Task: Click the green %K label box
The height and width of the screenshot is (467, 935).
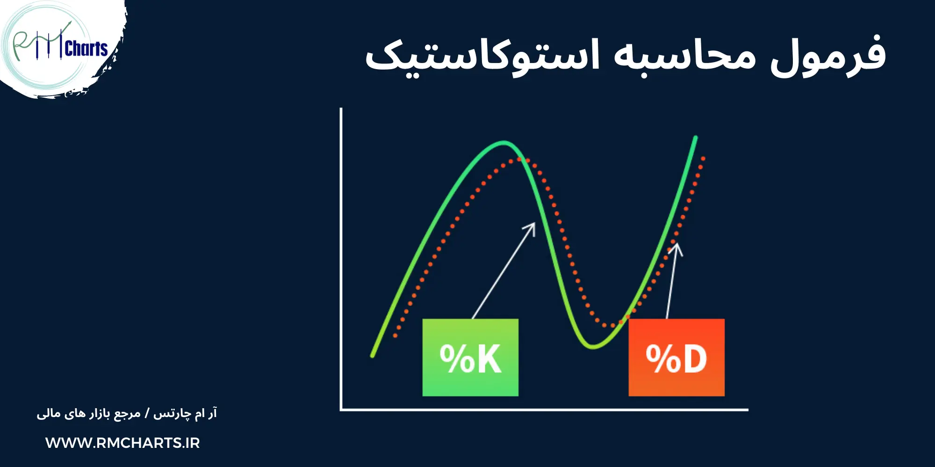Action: tap(470, 357)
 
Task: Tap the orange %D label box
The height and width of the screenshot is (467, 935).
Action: tap(676, 357)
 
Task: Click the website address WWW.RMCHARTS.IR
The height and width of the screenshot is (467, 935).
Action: tap(122, 443)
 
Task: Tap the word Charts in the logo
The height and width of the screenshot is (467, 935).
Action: tap(86, 49)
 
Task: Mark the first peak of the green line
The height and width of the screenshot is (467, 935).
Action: tap(503, 142)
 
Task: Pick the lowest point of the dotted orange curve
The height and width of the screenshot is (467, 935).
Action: tap(611, 325)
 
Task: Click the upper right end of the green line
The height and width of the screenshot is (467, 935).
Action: tap(696, 137)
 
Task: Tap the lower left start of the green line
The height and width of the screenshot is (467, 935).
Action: tap(373, 356)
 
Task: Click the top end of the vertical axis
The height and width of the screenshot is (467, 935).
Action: tap(341, 109)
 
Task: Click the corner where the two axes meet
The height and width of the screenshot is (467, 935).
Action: tap(341, 410)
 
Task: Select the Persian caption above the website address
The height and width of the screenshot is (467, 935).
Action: tap(127, 414)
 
